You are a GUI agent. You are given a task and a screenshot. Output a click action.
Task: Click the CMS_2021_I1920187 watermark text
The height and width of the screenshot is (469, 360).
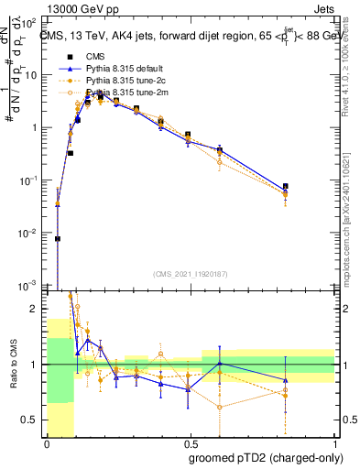coord(191,274)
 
